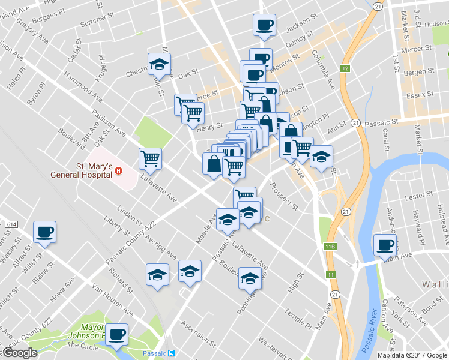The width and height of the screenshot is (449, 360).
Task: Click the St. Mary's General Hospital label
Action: (x=94, y=170)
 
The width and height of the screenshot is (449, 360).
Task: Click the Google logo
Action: (x=20, y=353)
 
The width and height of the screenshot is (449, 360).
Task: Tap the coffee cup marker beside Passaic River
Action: (x=385, y=245)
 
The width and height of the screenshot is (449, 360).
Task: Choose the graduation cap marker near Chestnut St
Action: (x=160, y=63)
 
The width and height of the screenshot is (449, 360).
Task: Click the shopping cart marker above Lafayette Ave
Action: (x=150, y=158)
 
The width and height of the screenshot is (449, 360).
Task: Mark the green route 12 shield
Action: (x=345, y=69)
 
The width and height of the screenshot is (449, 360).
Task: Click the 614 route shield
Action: (x=10, y=224)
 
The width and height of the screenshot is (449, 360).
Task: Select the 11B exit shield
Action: (x=329, y=247)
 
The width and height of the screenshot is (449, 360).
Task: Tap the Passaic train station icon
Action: (x=172, y=353)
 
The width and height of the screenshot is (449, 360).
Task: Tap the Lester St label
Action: (x=419, y=196)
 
